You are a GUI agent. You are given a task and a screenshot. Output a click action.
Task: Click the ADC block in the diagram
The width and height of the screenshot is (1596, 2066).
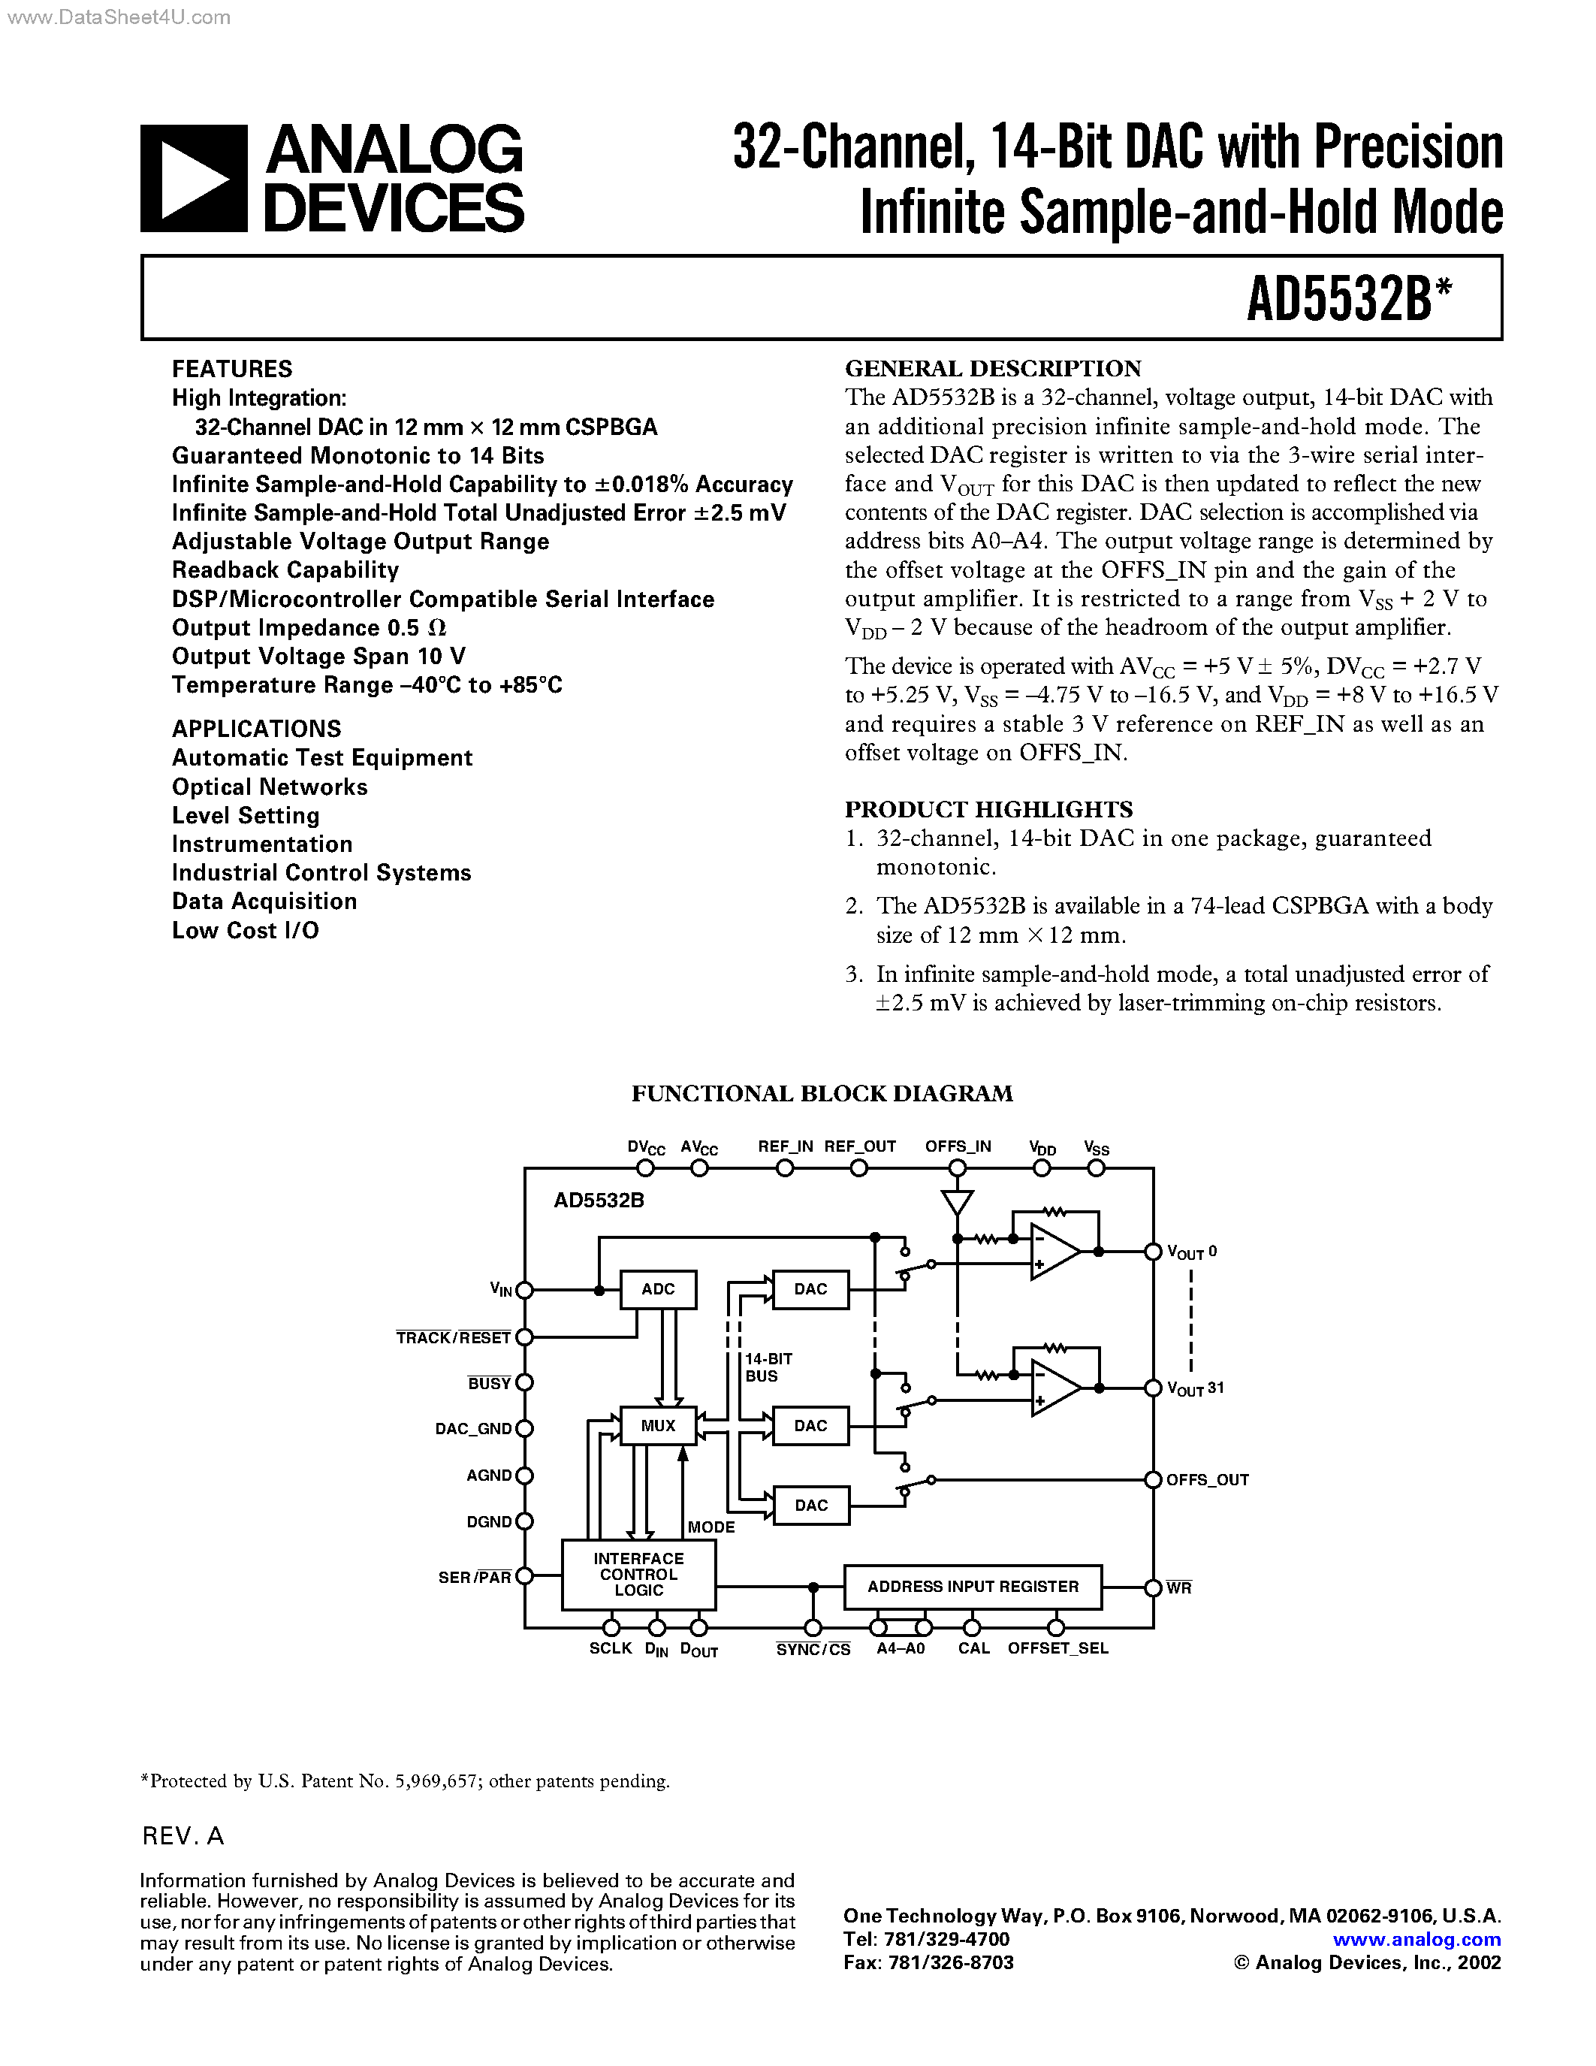[658, 1289]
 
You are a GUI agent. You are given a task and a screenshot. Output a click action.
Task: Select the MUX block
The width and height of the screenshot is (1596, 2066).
[658, 1426]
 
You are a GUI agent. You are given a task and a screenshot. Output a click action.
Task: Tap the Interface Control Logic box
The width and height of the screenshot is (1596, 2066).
[638, 1574]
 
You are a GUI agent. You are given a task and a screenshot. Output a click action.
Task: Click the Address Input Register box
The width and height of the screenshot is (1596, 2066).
[973, 1587]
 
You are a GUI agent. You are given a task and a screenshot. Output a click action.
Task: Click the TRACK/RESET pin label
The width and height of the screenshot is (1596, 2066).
[453, 1337]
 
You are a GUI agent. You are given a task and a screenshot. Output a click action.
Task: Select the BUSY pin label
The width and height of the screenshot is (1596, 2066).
[489, 1383]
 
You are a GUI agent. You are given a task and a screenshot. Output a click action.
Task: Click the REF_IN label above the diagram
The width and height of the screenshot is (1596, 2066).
[785, 1146]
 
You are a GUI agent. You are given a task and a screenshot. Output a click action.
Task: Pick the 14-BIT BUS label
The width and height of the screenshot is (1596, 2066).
[768, 1367]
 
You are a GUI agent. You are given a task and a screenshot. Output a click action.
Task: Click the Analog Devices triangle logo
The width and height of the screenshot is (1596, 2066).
[194, 179]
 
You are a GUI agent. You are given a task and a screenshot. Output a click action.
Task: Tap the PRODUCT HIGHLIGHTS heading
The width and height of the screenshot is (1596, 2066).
[988, 810]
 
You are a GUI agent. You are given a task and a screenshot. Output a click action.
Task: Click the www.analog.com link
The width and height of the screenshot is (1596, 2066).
[1416, 1939]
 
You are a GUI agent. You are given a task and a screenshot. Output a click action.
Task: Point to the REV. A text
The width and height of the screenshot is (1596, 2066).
[183, 1836]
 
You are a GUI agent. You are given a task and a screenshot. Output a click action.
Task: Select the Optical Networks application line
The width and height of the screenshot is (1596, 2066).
[270, 787]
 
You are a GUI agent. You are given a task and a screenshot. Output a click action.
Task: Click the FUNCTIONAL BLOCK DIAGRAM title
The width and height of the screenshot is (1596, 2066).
[822, 1094]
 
